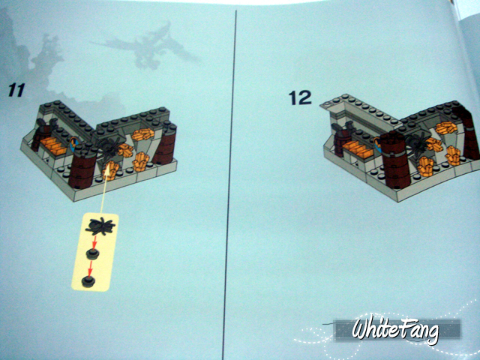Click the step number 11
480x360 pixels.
(x=16, y=90)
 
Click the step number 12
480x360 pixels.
(x=300, y=97)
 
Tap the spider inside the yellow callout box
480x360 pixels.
(x=100, y=226)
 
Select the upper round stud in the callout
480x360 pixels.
(x=93, y=253)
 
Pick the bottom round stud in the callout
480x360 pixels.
(x=88, y=281)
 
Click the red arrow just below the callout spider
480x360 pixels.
(x=94, y=241)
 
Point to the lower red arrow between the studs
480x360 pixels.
(x=90, y=269)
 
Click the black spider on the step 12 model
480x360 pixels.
(x=417, y=142)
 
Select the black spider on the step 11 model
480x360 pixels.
(x=109, y=147)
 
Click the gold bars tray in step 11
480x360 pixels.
(x=54, y=145)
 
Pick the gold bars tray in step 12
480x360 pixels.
(x=358, y=149)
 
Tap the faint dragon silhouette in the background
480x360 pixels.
(x=146, y=46)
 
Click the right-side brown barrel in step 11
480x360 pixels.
(x=165, y=144)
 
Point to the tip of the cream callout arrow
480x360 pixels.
(x=107, y=167)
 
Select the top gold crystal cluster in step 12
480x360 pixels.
(x=447, y=127)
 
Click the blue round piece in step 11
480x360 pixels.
(x=74, y=144)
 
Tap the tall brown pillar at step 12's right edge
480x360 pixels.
(x=467, y=133)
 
